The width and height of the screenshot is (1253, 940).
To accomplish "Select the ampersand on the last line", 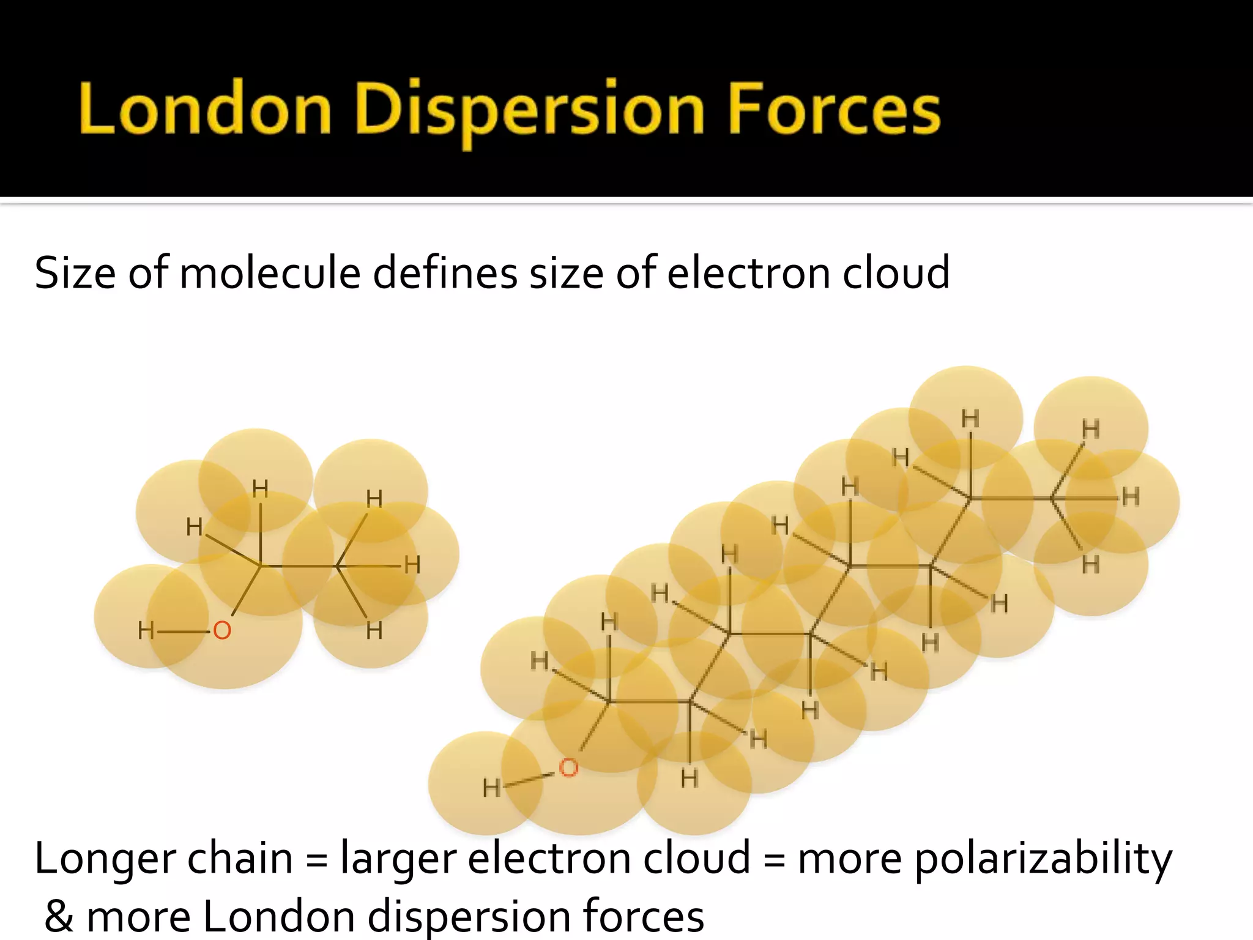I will coord(59,916).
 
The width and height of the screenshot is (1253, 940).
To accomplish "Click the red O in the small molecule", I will coord(221,630).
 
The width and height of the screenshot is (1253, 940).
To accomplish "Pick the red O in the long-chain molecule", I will coord(568,767).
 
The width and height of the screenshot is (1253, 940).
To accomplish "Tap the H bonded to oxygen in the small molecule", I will coord(146,630).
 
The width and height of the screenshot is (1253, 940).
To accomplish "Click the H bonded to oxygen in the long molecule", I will coord(491,788).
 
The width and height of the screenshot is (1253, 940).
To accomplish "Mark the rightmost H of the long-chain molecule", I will coord(1131,497).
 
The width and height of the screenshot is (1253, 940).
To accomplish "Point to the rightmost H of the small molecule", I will coord(412,565).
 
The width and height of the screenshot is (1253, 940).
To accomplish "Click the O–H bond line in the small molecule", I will coord(183,631).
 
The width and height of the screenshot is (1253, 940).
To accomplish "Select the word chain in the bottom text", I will coord(240,859).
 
